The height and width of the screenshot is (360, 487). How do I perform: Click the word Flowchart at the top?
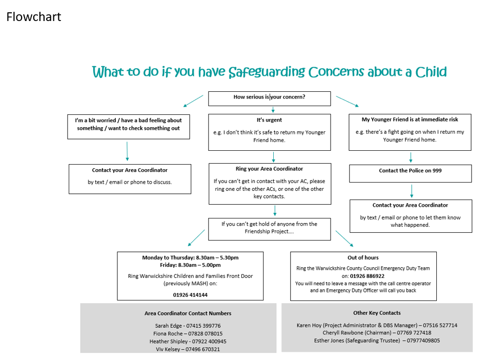(34, 17)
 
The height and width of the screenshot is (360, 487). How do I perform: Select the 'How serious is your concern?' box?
(270, 97)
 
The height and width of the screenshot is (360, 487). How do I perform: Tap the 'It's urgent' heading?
(269, 120)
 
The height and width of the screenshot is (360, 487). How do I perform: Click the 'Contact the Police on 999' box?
(410, 171)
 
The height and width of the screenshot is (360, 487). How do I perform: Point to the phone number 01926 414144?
(190, 295)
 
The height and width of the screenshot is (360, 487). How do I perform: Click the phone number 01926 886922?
(367, 276)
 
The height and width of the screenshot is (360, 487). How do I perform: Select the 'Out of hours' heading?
(363, 257)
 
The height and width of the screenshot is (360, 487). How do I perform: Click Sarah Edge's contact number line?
(188, 326)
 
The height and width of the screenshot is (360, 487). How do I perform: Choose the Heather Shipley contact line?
(188, 341)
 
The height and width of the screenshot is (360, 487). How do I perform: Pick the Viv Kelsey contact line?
(188, 349)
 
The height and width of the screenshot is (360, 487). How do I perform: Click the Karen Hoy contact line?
(377, 325)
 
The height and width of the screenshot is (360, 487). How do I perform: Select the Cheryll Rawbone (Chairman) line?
(377, 332)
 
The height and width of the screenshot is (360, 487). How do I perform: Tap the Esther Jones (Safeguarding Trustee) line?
(377, 340)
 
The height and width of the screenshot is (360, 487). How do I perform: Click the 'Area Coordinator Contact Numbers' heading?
(188, 313)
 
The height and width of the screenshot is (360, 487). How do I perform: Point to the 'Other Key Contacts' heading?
(377, 313)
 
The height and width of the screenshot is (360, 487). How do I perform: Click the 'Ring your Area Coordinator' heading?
(269, 169)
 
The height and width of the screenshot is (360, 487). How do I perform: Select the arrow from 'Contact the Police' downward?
(411, 191)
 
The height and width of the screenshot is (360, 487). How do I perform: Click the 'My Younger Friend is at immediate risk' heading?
(410, 119)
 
